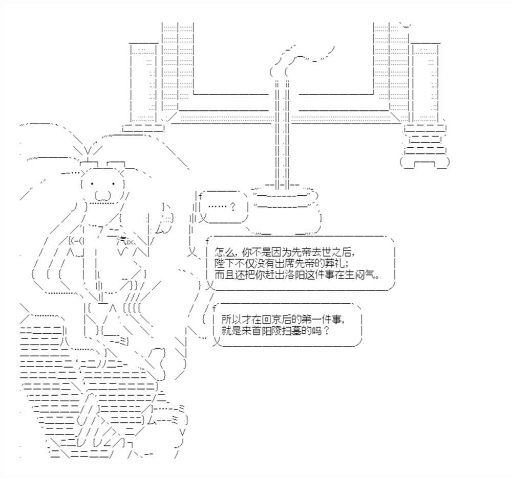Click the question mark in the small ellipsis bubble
[233, 207]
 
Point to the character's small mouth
[102, 195]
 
